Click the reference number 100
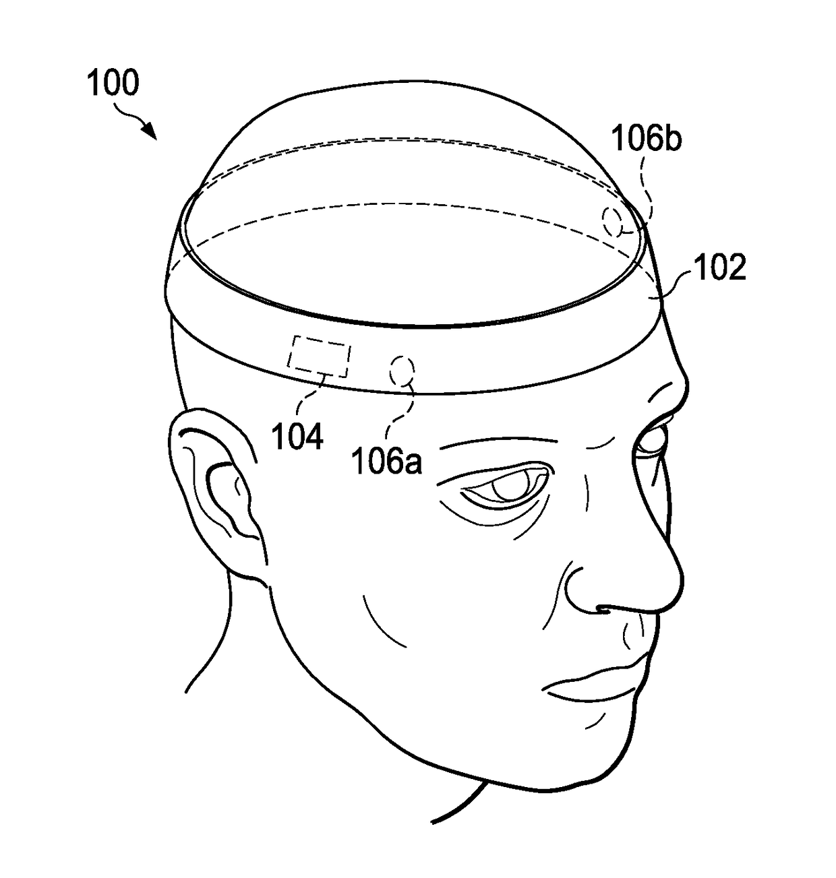pos(113,83)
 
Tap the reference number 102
pos(720,268)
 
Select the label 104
pos(297,437)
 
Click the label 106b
pos(646,139)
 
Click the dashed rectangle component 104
pos(320,357)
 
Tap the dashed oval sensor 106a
pos(402,371)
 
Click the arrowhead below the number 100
pos(151,133)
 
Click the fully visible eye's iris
pos(510,487)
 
